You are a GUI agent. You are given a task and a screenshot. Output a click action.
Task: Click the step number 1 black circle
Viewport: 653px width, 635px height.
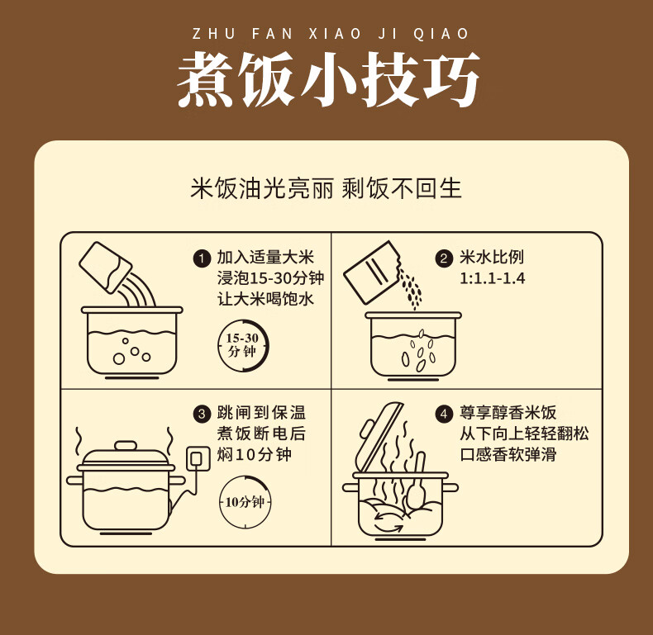(x=202, y=258)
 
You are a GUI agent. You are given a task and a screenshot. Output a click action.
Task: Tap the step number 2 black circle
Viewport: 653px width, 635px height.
(x=444, y=258)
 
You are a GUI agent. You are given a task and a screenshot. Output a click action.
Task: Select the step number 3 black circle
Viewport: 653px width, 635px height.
(x=202, y=414)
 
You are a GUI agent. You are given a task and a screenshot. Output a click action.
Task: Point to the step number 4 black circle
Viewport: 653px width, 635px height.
(x=444, y=414)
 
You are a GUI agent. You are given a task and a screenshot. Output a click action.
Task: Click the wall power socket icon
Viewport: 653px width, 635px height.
(x=198, y=459)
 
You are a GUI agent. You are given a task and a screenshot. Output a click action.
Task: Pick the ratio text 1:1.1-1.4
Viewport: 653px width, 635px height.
(x=493, y=278)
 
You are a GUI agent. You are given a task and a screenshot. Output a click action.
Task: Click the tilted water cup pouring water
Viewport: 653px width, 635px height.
(x=105, y=268)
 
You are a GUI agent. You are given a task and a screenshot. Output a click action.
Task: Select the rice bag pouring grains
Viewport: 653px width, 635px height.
(x=371, y=272)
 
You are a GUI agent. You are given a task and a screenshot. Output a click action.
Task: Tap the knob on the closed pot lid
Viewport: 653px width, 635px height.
(x=126, y=446)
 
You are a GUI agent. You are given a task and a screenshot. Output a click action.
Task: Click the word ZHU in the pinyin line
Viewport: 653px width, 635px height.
(x=213, y=34)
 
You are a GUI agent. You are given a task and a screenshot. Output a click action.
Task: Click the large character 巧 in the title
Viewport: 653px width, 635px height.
(x=451, y=79)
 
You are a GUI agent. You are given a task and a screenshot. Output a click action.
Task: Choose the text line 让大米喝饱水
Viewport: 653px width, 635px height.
(x=265, y=299)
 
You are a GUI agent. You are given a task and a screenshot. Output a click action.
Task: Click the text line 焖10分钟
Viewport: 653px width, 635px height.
(x=254, y=454)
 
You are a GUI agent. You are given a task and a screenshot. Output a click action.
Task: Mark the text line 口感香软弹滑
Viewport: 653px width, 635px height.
(x=508, y=454)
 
